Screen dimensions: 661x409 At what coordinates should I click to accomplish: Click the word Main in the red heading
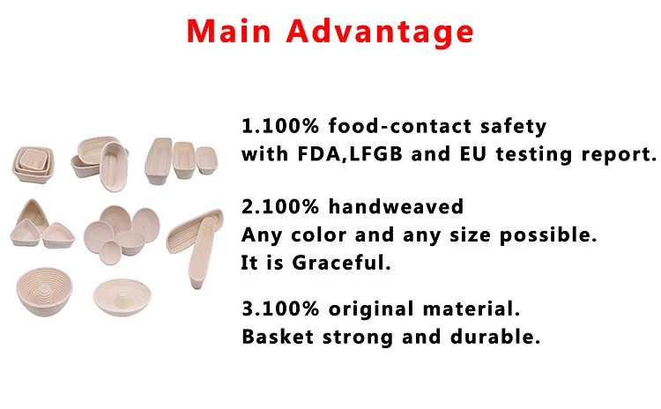[229, 31]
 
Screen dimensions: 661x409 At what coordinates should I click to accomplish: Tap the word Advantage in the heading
[380, 33]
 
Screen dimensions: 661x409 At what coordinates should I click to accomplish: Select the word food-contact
[400, 126]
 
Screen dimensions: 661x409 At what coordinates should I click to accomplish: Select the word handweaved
[396, 206]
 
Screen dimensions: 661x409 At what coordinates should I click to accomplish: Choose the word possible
[548, 235]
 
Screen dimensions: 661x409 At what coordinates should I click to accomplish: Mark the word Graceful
[341, 263]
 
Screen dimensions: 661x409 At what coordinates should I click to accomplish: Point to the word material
[472, 309]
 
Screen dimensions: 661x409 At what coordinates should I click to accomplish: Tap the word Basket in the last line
[278, 337]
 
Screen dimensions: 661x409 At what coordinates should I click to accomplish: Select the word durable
[495, 337]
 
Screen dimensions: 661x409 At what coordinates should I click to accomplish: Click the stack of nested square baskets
[33, 165]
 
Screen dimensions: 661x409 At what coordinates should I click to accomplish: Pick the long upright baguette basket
[201, 252]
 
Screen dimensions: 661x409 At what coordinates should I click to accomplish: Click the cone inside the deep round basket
[44, 292]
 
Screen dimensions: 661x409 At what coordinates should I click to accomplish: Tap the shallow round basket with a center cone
[123, 297]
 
